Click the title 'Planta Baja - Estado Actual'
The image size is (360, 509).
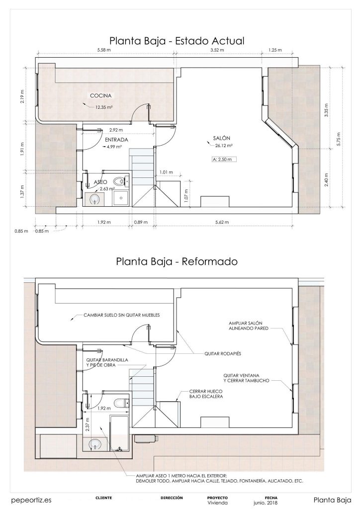tap(177, 40)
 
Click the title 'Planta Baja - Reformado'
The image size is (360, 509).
tap(177, 260)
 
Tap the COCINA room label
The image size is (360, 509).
tap(100, 96)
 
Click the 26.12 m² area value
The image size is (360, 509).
tap(225, 146)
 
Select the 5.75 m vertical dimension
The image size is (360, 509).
tap(339, 137)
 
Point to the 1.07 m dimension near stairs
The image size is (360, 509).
tap(186, 190)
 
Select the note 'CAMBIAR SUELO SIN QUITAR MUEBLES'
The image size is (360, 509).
tap(122, 315)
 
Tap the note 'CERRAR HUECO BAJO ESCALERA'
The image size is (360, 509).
tap(206, 394)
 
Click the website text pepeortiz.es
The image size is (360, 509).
tap(31, 500)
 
